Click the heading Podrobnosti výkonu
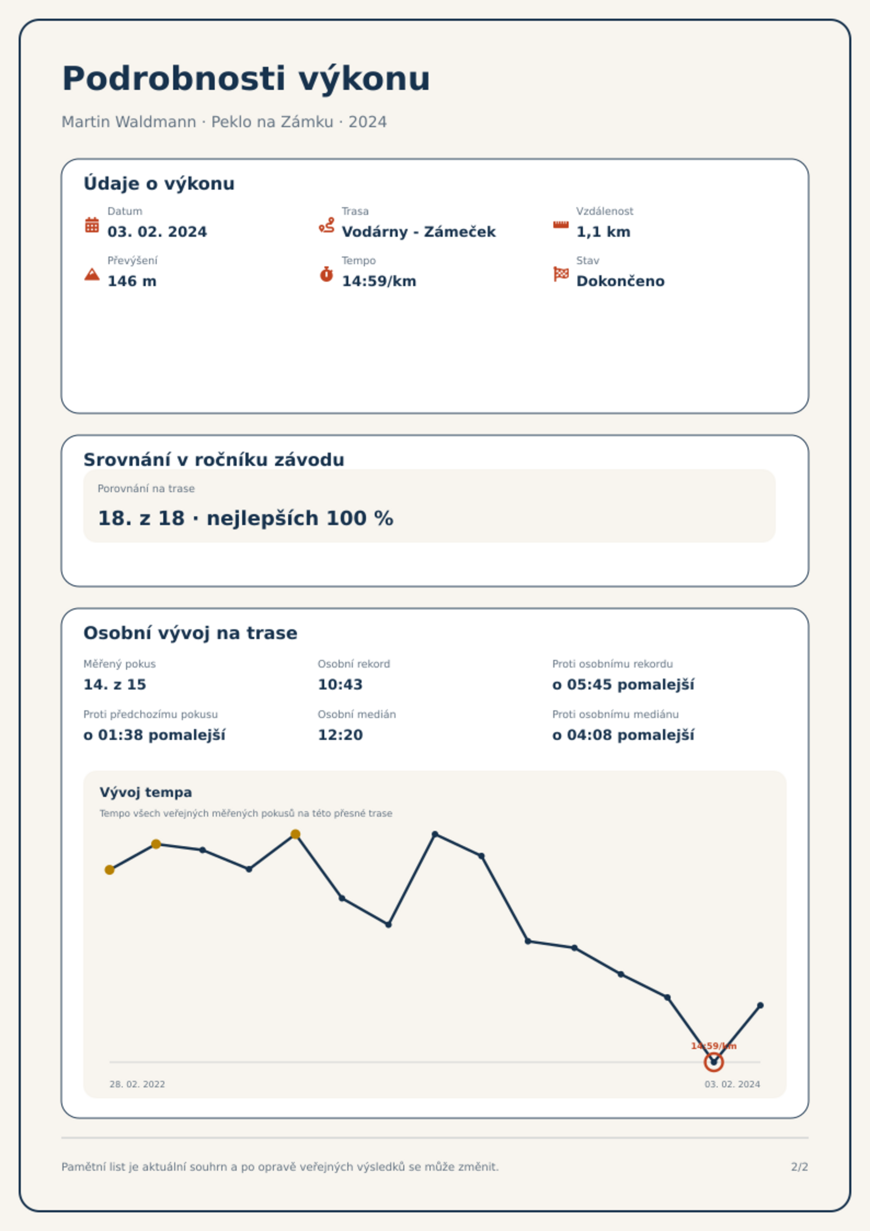click(x=246, y=79)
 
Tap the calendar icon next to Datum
click(x=92, y=225)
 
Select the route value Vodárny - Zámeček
click(x=419, y=232)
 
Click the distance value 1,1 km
click(x=603, y=232)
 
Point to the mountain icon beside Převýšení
click(x=92, y=274)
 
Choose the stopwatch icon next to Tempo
click(x=327, y=274)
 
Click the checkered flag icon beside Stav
click(x=561, y=274)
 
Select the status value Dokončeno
click(x=620, y=281)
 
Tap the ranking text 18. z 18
click(x=141, y=518)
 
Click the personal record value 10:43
click(x=340, y=685)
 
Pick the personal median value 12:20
click(x=340, y=735)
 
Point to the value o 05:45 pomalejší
click(x=623, y=685)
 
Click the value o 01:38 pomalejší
click(x=154, y=735)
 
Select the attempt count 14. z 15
click(x=115, y=685)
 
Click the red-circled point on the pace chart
click(x=713, y=1062)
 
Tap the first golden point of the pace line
click(x=110, y=870)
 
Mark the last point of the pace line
click(x=760, y=1006)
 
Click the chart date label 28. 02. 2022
click(x=137, y=1084)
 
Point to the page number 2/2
click(x=799, y=1167)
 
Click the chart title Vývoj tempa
click(x=146, y=793)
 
